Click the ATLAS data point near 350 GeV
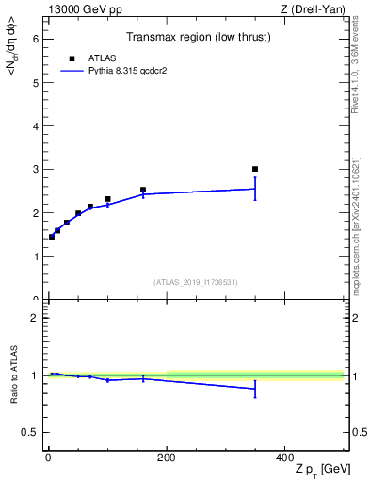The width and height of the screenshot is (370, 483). [255, 169]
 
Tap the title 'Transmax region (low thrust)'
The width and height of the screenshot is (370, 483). [195, 40]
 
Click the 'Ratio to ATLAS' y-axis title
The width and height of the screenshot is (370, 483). [13, 376]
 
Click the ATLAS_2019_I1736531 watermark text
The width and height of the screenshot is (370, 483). [195, 282]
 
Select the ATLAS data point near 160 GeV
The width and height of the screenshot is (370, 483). [143, 190]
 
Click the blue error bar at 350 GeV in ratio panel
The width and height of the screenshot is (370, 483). [255, 389]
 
